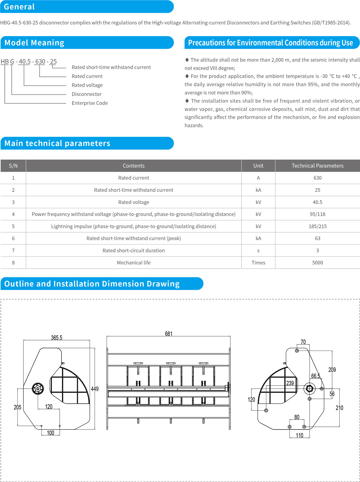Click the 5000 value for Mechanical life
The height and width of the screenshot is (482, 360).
click(317, 263)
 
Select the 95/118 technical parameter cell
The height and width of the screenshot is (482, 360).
click(317, 214)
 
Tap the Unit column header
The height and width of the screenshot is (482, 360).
click(258, 166)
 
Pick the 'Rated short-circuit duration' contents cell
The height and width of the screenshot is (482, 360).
click(133, 251)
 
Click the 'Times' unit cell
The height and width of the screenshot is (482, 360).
click(258, 263)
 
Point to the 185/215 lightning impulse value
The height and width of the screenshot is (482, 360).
click(317, 226)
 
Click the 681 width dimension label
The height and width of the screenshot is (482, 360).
click(169, 334)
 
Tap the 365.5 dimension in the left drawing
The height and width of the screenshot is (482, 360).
click(56, 338)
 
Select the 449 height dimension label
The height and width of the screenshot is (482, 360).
click(94, 389)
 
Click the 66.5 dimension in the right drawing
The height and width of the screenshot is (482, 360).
click(316, 376)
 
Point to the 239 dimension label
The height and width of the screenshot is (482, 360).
click(290, 383)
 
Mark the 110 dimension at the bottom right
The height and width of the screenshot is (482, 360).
click(299, 435)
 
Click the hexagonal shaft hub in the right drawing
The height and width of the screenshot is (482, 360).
click(309, 389)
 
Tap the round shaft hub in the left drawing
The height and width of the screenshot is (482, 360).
click(38, 389)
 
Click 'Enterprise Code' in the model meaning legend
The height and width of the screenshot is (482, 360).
click(90, 103)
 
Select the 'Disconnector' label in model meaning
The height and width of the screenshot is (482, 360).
click(86, 94)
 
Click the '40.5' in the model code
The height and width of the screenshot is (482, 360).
click(25, 62)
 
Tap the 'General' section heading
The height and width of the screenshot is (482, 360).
click(19, 7)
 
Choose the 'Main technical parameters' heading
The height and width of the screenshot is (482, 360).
click(57, 143)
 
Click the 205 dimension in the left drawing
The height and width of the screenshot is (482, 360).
click(17, 407)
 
